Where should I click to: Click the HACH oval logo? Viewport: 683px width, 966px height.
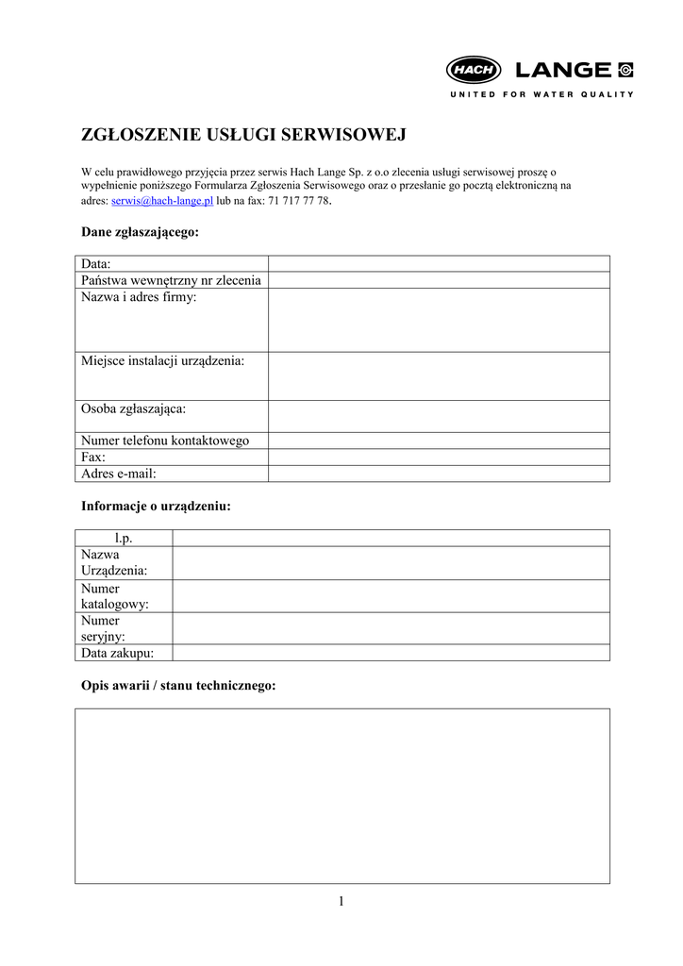point(475,70)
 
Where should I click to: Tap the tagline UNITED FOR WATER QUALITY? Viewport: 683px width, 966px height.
point(541,94)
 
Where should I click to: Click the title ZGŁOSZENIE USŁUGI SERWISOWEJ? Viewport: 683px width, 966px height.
point(243,135)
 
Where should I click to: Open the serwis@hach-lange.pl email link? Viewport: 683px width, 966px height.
point(162,201)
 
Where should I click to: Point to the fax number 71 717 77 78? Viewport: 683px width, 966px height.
point(299,201)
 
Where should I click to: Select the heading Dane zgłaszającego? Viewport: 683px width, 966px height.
point(140,232)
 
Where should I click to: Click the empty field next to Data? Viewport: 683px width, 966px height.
point(439,264)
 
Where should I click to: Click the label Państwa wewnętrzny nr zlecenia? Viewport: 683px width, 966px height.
point(171,280)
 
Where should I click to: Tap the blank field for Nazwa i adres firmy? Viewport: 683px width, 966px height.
point(439,320)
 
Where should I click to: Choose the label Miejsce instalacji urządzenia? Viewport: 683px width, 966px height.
point(162,361)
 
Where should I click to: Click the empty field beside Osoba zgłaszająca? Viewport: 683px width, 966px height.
point(439,416)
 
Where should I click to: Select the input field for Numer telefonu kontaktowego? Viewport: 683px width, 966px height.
point(439,441)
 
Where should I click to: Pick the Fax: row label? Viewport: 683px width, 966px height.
point(93,457)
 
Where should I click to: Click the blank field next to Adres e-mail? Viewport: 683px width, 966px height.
point(439,474)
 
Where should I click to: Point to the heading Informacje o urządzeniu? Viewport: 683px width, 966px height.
point(156,507)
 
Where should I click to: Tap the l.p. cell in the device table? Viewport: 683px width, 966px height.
point(124,538)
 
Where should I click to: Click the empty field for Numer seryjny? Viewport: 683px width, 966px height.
point(391,628)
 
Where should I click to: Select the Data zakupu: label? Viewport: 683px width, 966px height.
point(118,653)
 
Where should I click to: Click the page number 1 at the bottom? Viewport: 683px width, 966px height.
point(341,901)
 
